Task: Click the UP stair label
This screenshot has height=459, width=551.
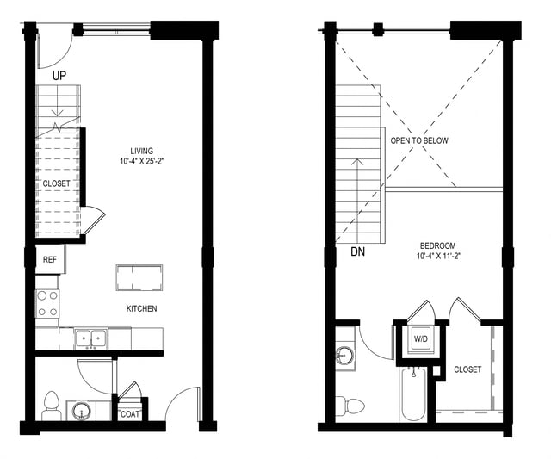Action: coord(60,76)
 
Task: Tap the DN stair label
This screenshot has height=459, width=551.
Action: coord(358,252)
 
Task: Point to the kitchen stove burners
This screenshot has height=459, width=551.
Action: coord(47,303)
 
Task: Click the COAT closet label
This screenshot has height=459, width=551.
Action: coord(130,413)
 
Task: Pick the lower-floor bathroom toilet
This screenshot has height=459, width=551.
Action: coord(51,404)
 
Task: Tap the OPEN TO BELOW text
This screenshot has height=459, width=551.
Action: coord(419,140)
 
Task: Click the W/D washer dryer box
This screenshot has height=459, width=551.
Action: coord(421,339)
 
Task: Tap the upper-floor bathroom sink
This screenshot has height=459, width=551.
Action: coord(346,353)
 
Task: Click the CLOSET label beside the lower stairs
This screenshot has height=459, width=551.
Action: coord(57,183)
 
